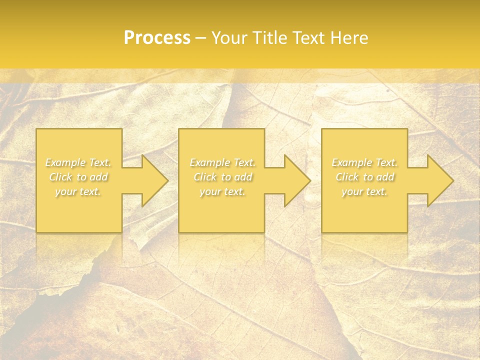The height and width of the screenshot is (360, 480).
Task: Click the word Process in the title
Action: pyautogui.click(x=157, y=37)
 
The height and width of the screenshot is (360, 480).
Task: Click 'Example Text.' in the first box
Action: pyautogui.click(x=78, y=162)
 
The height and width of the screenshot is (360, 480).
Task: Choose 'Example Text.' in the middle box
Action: pyautogui.click(x=222, y=162)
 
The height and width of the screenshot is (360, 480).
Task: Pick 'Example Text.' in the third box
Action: pyautogui.click(x=364, y=162)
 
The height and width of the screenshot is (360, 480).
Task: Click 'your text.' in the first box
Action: pyautogui.click(x=78, y=191)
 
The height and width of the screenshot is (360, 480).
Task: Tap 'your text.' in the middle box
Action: pyautogui.click(x=222, y=191)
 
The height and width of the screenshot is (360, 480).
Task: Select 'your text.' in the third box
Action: pyautogui.click(x=364, y=191)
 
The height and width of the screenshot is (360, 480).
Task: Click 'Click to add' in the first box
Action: pyautogui.click(x=78, y=177)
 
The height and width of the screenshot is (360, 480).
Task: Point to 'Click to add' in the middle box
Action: pyautogui.click(x=222, y=177)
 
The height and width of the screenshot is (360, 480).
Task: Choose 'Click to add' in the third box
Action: pyautogui.click(x=364, y=177)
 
